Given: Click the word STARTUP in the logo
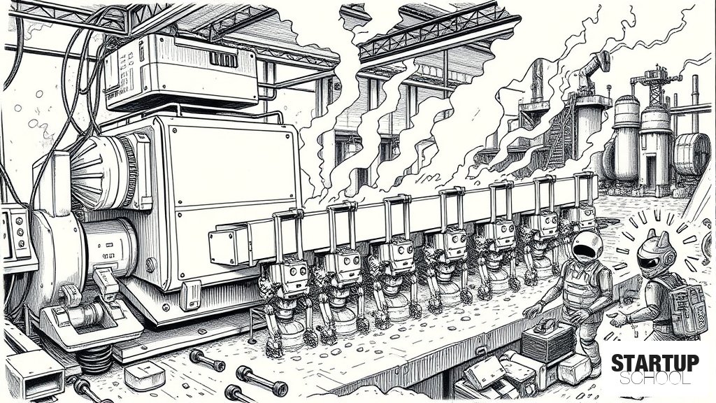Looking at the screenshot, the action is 654,363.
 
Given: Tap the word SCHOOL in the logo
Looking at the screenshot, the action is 654,378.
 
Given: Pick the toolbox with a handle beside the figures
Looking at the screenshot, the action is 547,340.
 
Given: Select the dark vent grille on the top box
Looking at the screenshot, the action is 223,59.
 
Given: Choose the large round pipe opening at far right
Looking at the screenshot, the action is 691,155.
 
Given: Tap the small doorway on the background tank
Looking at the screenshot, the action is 651,171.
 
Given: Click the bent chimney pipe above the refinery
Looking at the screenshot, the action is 593,69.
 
